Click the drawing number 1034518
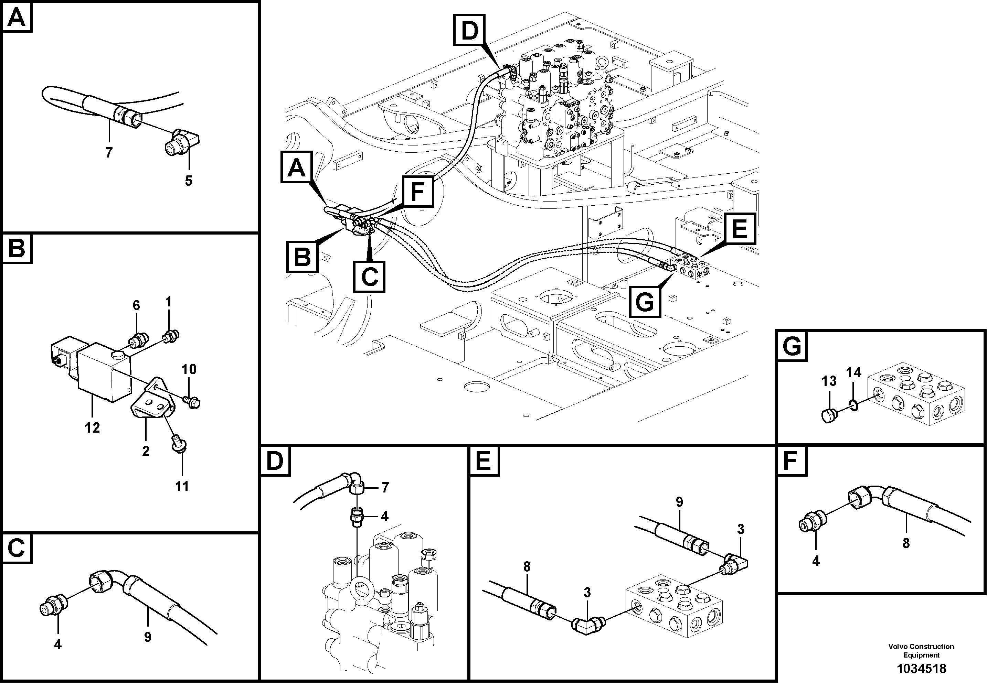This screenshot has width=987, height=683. coord(921,668)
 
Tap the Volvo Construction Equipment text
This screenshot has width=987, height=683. coord(921,650)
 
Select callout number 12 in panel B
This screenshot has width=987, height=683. coord(92,427)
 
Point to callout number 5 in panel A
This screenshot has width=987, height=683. coord(188,181)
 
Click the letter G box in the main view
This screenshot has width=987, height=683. coord(645,302)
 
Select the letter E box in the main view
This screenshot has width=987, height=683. coord(740,229)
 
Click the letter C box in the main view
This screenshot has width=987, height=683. coord(369,277)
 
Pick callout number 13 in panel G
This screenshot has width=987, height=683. coord(829,381)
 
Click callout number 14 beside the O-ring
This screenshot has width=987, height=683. coord(853,372)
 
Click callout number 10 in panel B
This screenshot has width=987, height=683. coord(189,369)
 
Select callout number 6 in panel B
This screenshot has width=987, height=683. coord(136,305)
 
